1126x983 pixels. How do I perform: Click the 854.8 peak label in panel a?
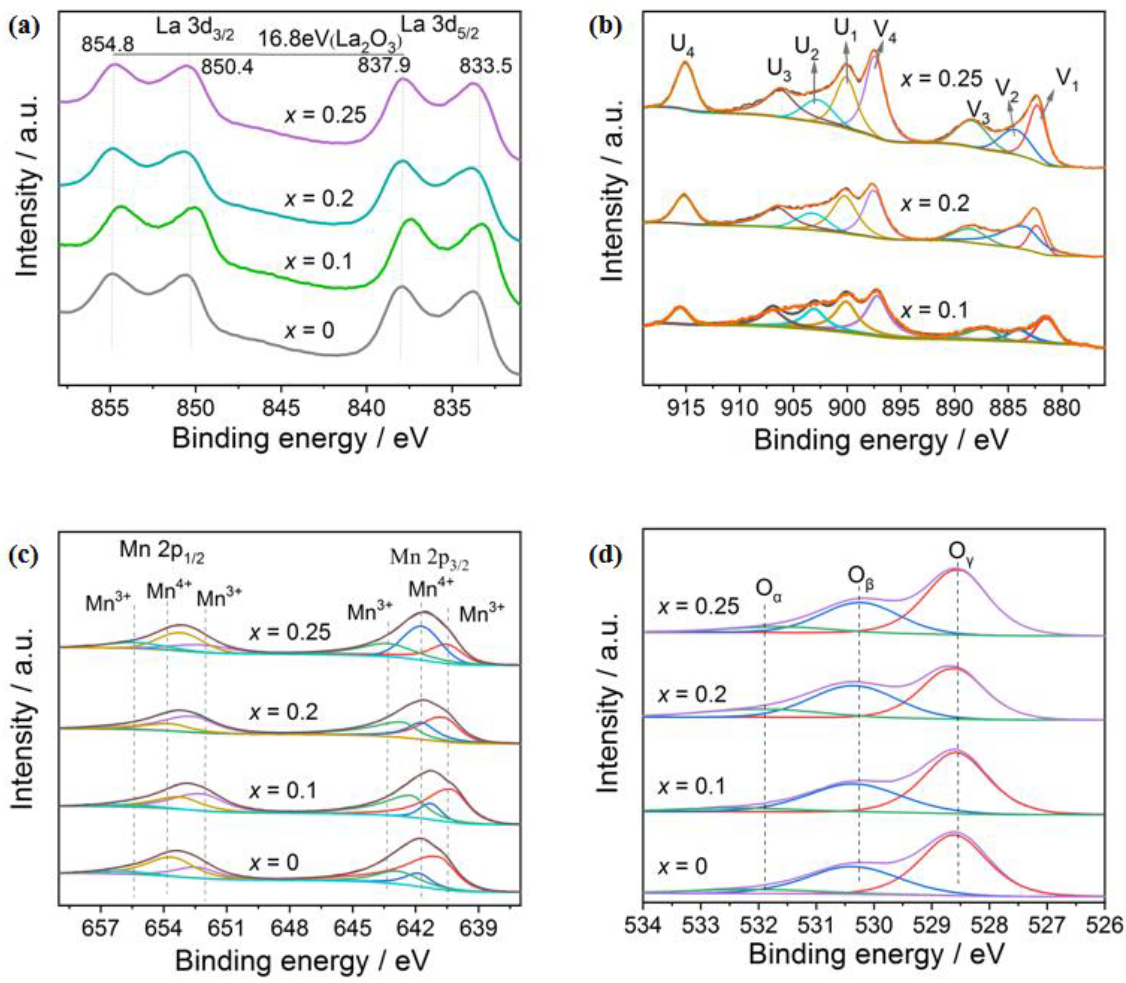[x=107, y=44]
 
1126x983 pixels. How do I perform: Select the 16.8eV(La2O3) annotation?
[x=330, y=40]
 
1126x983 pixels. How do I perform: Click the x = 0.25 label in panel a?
[x=325, y=116]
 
